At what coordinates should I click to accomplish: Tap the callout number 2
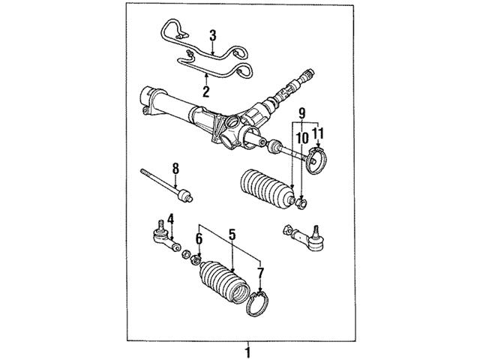point(204,91)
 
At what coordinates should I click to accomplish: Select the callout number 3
point(212,34)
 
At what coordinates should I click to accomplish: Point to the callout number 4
point(170,219)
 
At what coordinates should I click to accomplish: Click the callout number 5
point(232,235)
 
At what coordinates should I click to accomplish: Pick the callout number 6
point(199,238)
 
